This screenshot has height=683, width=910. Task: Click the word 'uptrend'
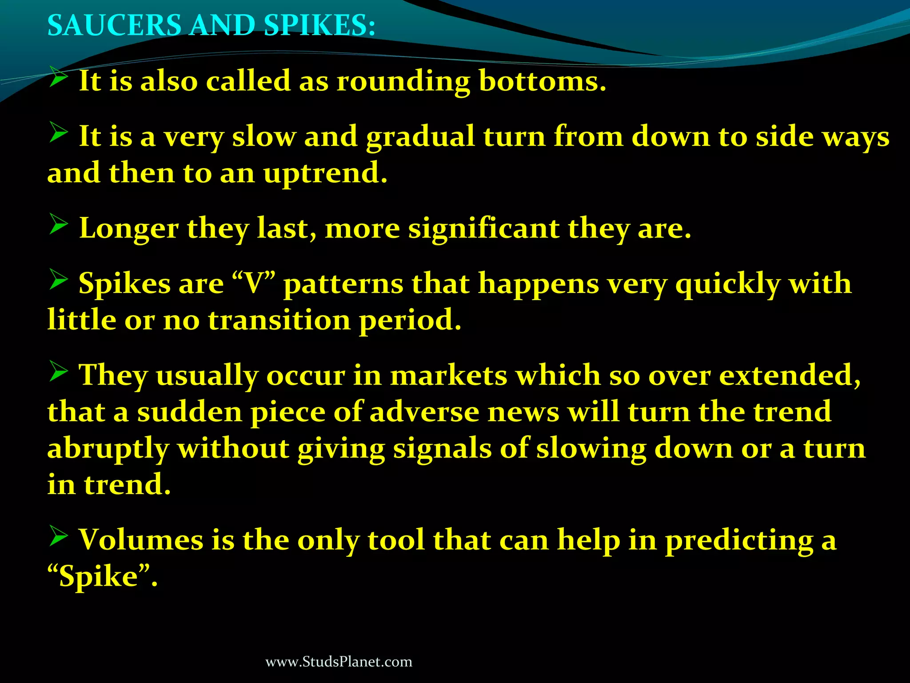click(x=325, y=174)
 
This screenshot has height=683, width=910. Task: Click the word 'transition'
click(x=279, y=320)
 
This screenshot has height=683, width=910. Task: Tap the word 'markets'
click(x=448, y=375)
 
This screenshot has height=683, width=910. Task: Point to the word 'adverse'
click(x=424, y=412)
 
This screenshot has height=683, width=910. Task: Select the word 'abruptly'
click(x=108, y=449)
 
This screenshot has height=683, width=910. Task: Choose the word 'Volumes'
click(x=141, y=540)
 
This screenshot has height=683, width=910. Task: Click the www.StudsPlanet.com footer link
click(x=339, y=662)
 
